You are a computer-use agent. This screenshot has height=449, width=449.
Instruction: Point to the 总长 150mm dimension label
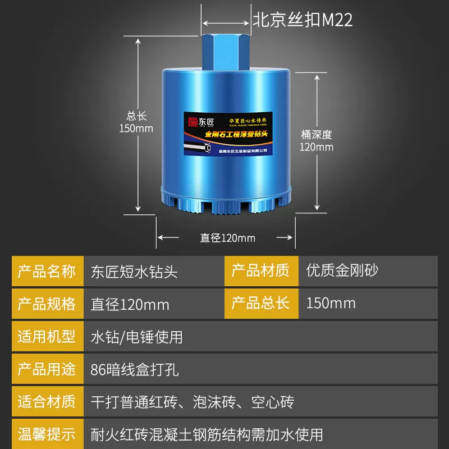point(136,122)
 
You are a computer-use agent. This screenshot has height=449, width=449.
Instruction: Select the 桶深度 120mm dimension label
point(317,140)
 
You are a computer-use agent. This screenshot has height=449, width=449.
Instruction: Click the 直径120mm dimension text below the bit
point(227,238)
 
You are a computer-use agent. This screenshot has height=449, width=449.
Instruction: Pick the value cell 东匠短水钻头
point(134,272)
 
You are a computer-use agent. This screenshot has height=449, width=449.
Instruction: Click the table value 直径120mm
point(130,305)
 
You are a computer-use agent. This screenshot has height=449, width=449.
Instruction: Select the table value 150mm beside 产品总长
point(331,304)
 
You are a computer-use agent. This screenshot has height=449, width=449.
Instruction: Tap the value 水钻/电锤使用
point(137,337)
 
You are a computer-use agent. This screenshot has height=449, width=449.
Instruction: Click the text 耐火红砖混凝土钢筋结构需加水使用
point(207,434)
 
